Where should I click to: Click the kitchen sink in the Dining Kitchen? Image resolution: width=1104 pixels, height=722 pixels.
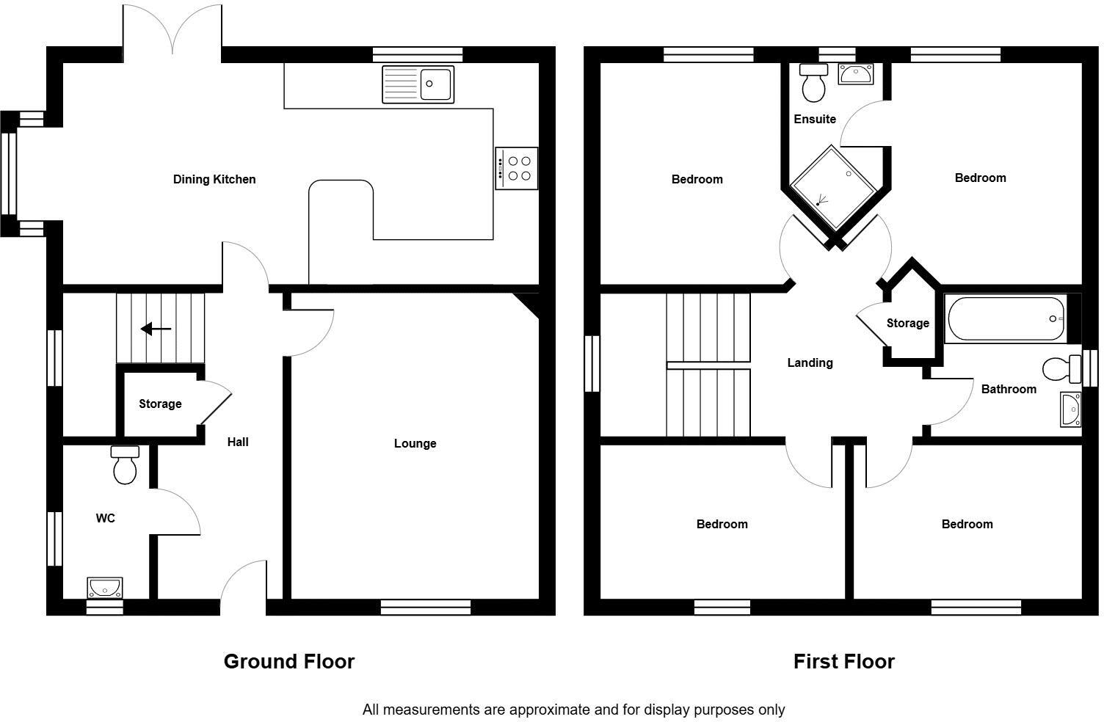pos(418,84)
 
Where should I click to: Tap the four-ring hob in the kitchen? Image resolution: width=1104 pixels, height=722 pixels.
pos(517,168)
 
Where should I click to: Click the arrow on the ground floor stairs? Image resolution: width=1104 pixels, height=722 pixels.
pos(156,329)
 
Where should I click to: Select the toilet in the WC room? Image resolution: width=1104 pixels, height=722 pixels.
pos(125,465)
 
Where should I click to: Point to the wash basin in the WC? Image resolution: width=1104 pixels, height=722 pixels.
pos(104,588)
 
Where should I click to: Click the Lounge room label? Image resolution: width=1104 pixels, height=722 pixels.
pos(415,443)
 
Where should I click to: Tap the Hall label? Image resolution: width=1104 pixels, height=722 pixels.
pos(238,442)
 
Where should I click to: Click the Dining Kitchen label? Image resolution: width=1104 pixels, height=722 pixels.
pos(214,179)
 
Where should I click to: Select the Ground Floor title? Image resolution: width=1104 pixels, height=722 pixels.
pos(288,661)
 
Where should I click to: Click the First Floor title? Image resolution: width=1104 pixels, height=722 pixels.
pos(843,661)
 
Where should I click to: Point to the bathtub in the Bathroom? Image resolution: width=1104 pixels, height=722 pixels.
pos(1006,318)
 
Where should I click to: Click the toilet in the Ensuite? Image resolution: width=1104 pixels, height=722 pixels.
pos(813,82)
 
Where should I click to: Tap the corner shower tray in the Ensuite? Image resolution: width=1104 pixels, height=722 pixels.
pos(833,188)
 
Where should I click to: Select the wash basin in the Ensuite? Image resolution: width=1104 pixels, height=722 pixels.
pos(856,74)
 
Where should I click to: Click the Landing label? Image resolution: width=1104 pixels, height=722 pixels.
pos(810,362)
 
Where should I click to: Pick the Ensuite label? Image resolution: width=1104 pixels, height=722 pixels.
pos(815,119)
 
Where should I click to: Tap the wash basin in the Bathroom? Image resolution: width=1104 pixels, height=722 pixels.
pos(1070,409)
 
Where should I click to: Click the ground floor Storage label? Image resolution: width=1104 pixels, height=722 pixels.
pos(160,404)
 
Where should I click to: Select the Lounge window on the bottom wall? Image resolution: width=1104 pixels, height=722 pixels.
pos(426,608)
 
